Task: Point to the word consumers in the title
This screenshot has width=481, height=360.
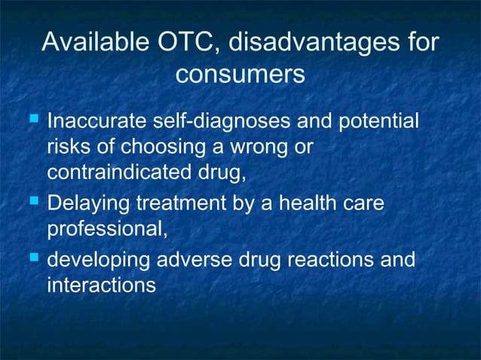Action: click(240, 75)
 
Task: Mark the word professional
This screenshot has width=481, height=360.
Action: click(106, 230)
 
